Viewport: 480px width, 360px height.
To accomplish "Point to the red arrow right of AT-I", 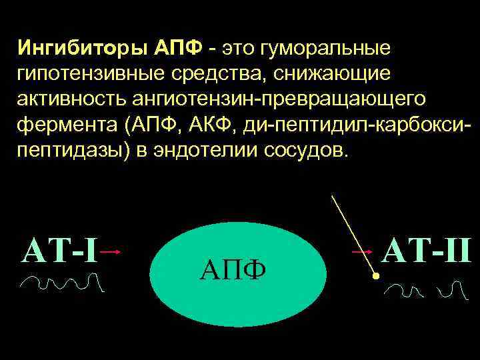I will tap(111, 252).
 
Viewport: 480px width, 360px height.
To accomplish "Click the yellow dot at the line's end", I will tap(376, 275).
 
